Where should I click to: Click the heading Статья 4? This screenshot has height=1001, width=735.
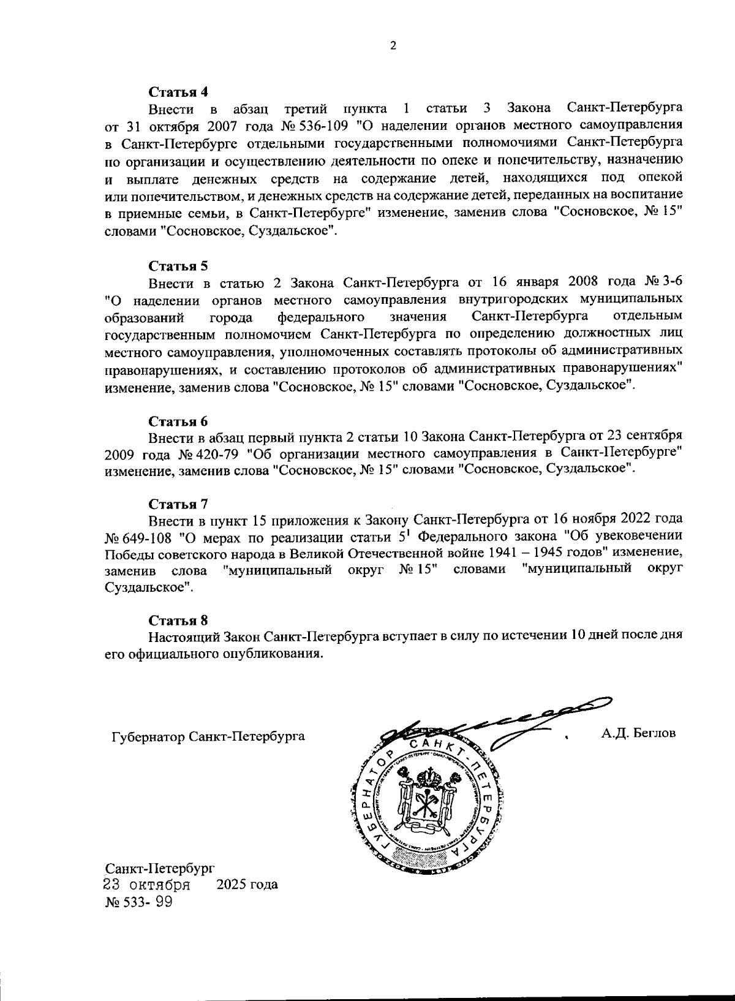(x=179, y=92)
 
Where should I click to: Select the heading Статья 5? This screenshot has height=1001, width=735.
(x=179, y=266)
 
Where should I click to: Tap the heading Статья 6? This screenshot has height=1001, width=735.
(x=179, y=421)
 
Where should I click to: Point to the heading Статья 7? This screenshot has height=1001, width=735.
(x=179, y=504)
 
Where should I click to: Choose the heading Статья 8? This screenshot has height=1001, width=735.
(x=179, y=620)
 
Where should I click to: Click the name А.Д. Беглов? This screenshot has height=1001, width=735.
(x=638, y=733)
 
